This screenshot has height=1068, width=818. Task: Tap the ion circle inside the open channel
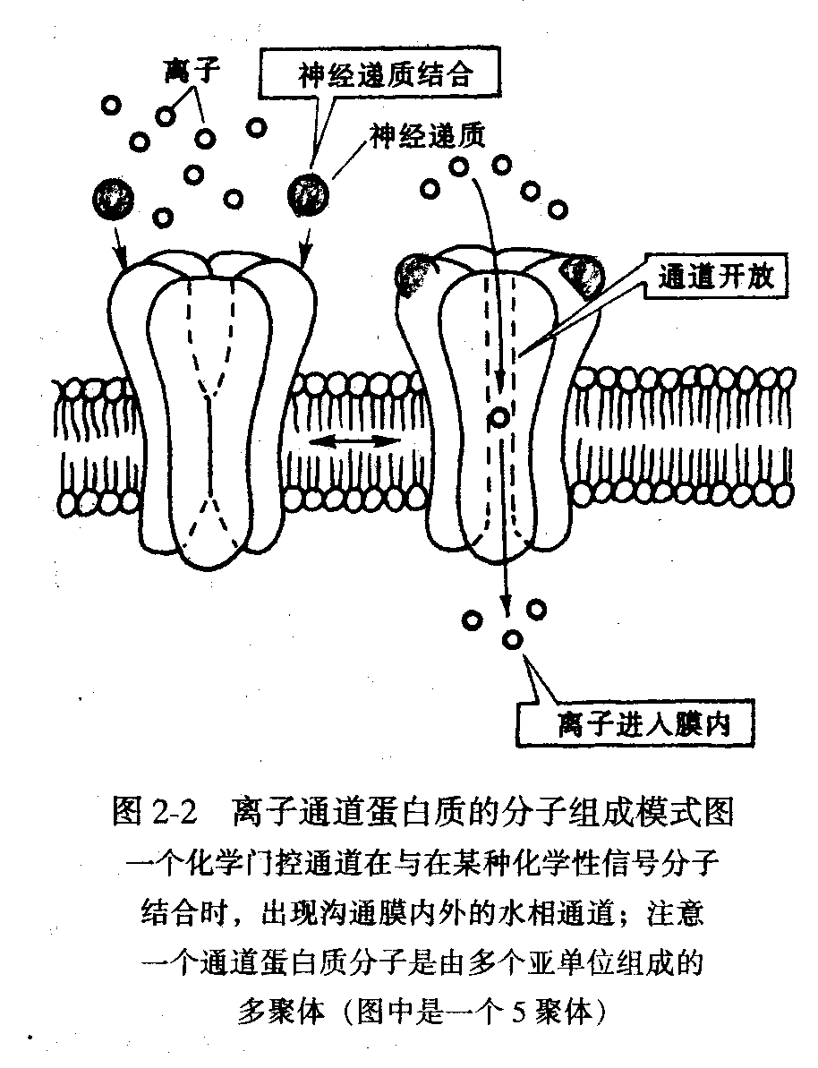tap(499, 418)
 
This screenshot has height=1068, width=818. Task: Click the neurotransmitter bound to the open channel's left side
tap(414, 273)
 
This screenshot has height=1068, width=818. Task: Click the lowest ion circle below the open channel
tap(513, 640)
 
